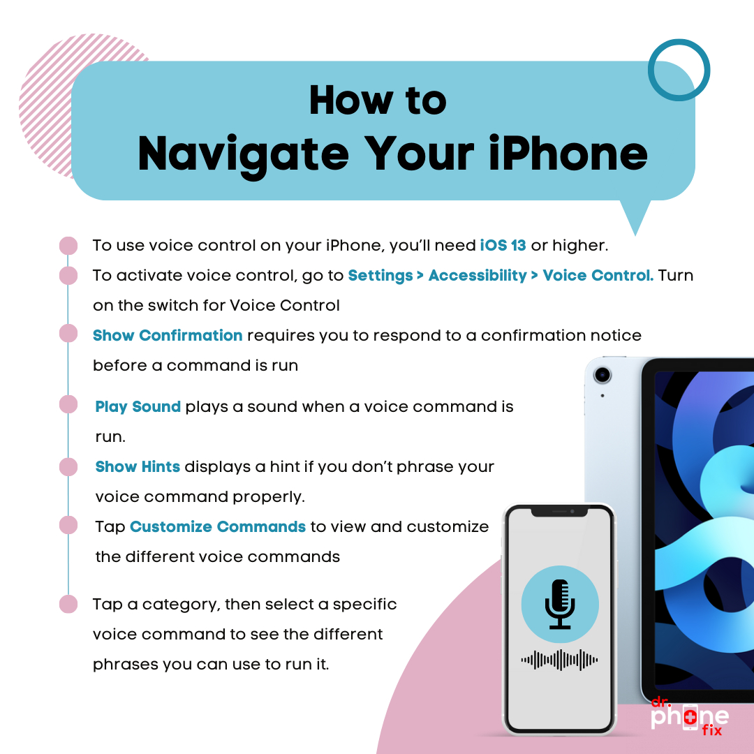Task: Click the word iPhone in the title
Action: (568, 154)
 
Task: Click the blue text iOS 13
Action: (503, 245)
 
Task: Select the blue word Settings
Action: (380, 276)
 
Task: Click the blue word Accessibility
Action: (478, 276)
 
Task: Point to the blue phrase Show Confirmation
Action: (168, 335)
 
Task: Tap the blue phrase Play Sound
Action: (138, 407)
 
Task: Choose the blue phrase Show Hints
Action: (138, 466)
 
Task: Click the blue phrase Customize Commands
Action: (218, 526)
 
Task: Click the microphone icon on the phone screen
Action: (560, 604)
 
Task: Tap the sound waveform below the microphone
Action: (559, 660)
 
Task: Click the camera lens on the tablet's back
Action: (602, 375)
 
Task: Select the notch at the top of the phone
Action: (559, 512)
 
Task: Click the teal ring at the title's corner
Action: (679, 40)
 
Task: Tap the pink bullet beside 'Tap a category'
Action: (68, 604)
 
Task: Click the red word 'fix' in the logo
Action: (711, 730)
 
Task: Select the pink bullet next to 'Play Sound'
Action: (68, 404)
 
